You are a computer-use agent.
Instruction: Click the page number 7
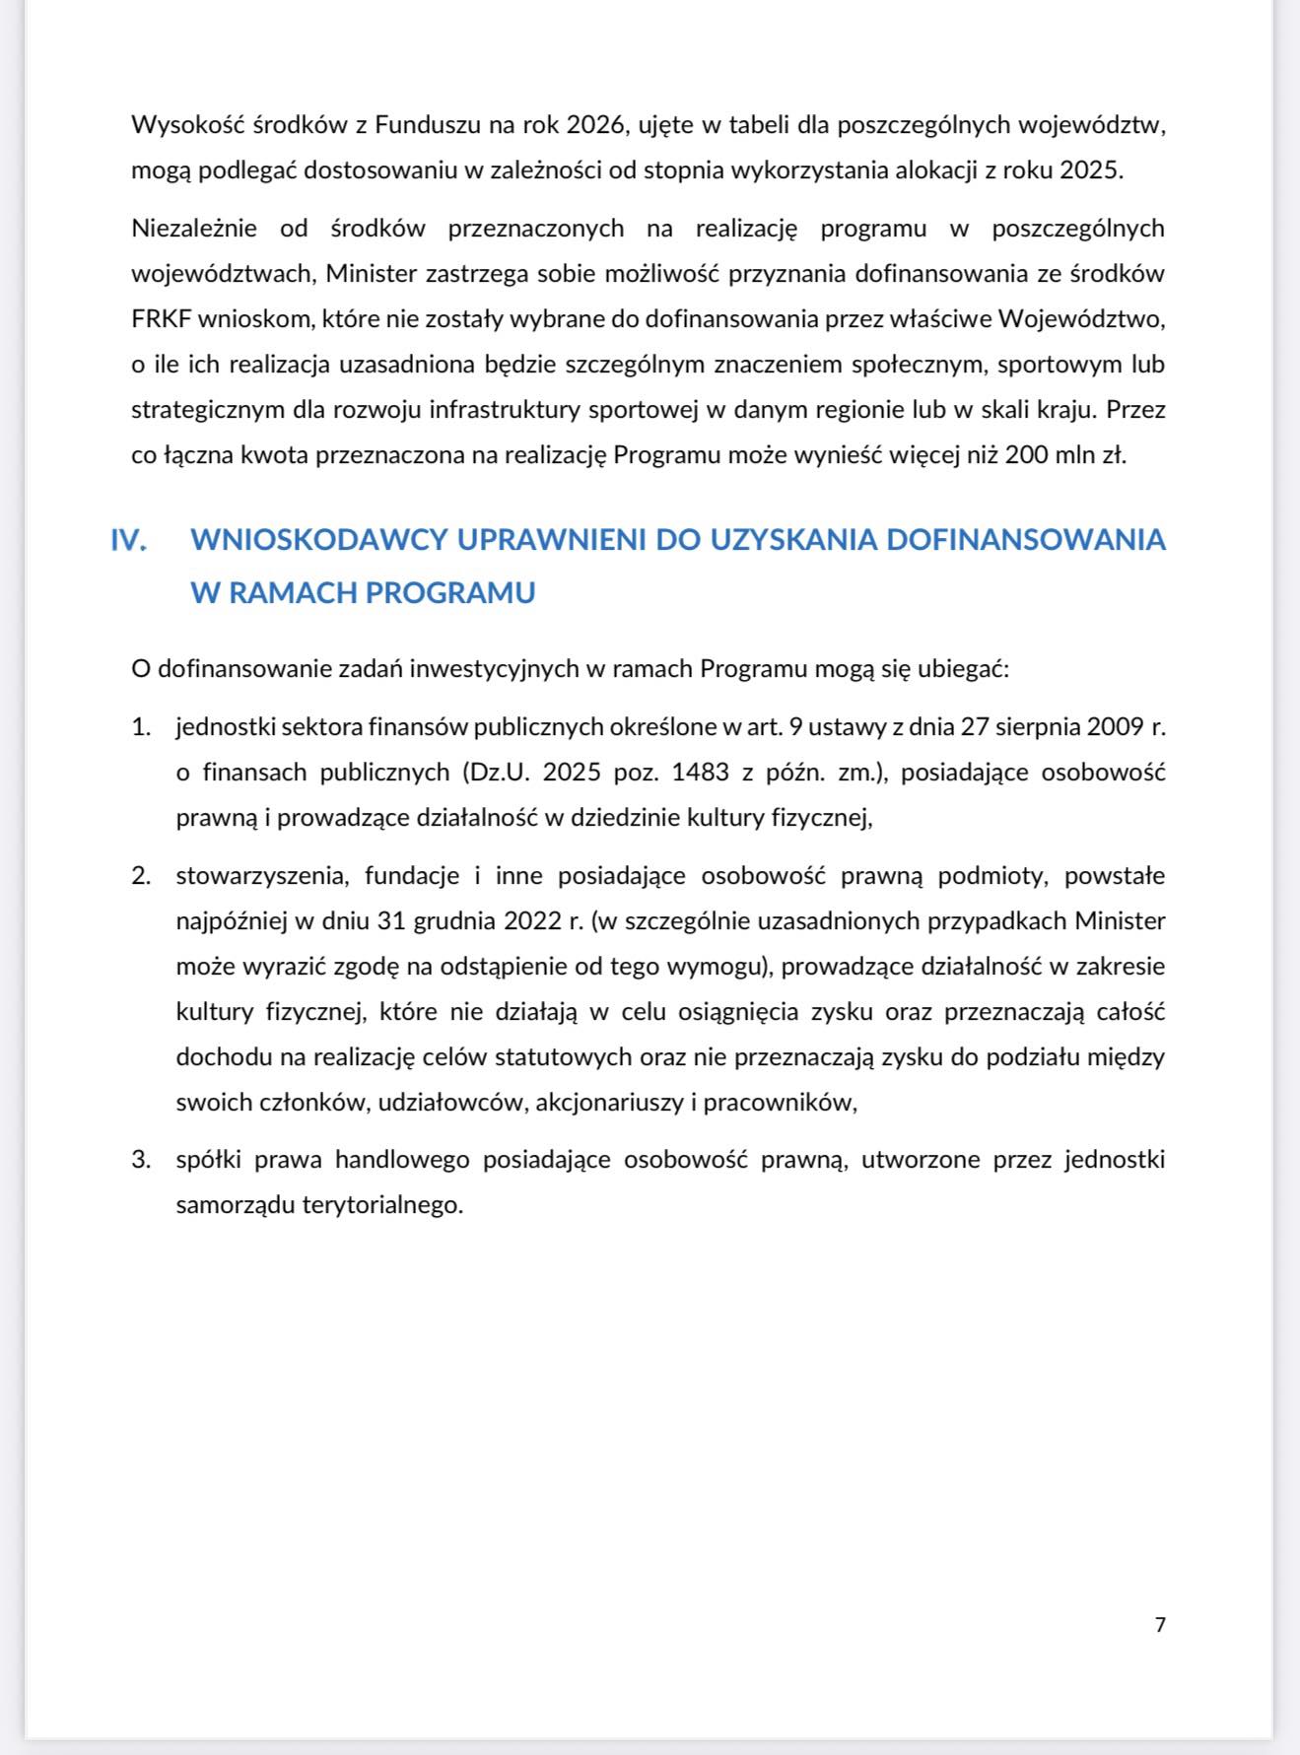click(1160, 1625)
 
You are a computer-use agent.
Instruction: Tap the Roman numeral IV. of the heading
click(129, 540)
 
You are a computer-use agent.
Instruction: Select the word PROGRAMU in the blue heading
click(450, 593)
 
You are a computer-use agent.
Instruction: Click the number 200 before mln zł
click(1025, 455)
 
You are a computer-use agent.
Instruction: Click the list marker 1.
click(141, 727)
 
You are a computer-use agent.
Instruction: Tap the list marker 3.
click(141, 1160)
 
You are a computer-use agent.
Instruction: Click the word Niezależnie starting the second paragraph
click(194, 229)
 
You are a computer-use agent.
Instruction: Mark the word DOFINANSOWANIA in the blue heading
click(1026, 540)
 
